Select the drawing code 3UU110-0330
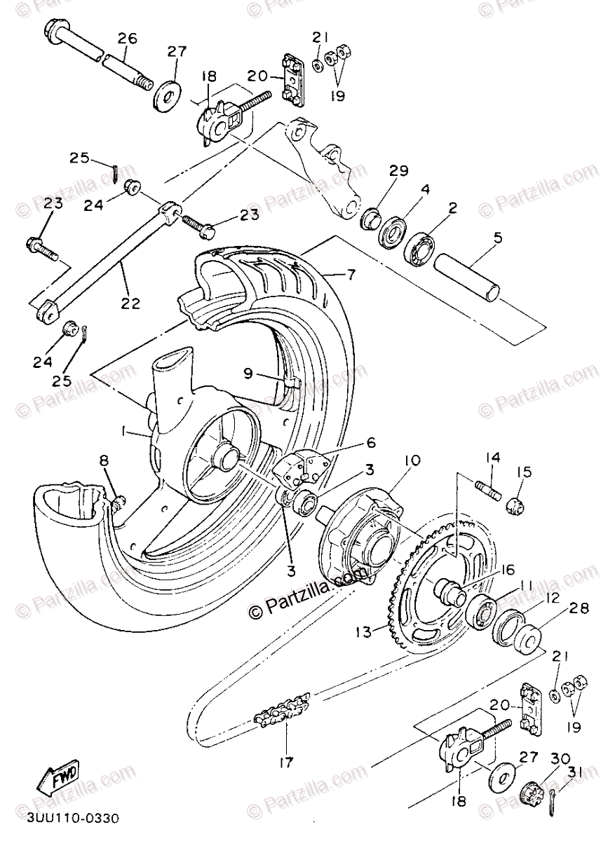[74, 818]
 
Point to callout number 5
[497, 238]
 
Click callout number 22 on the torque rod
[130, 303]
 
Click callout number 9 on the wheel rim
[249, 373]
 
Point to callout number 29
[399, 169]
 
